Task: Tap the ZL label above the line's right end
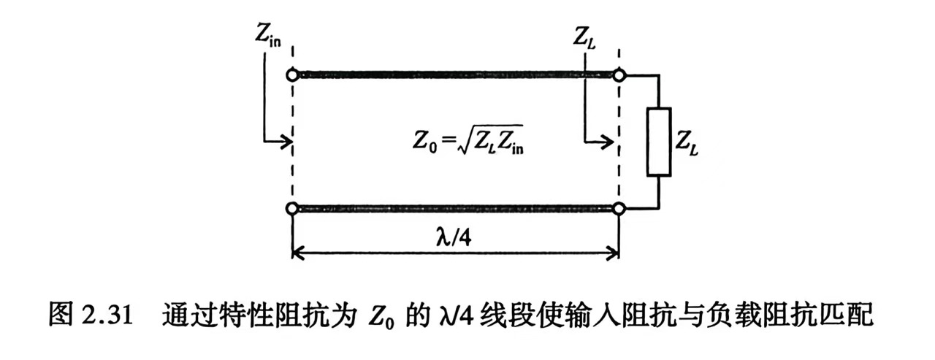pyautogui.click(x=587, y=34)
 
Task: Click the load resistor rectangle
pyautogui.click(x=659, y=142)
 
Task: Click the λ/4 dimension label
pyautogui.click(x=454, y=237)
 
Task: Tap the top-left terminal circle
pyautogui.click(x=292, y=74)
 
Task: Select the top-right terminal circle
pyautogui.click(x=619, y=74)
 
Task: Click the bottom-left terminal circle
pyautogui.click(x=292, y=210)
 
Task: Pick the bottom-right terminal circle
pyautogui.click(x=619, y=210)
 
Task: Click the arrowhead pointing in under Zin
pyautogui.click(x=286, y=142)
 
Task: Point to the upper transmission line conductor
pyautogui.click(x=456, y=74)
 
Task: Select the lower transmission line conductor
pyautogui.click(x=456, y=210)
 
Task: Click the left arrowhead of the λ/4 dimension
pyautogui.click(x=297, y=255)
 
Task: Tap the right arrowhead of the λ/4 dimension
pyautogui.click(x=614, y=255)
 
